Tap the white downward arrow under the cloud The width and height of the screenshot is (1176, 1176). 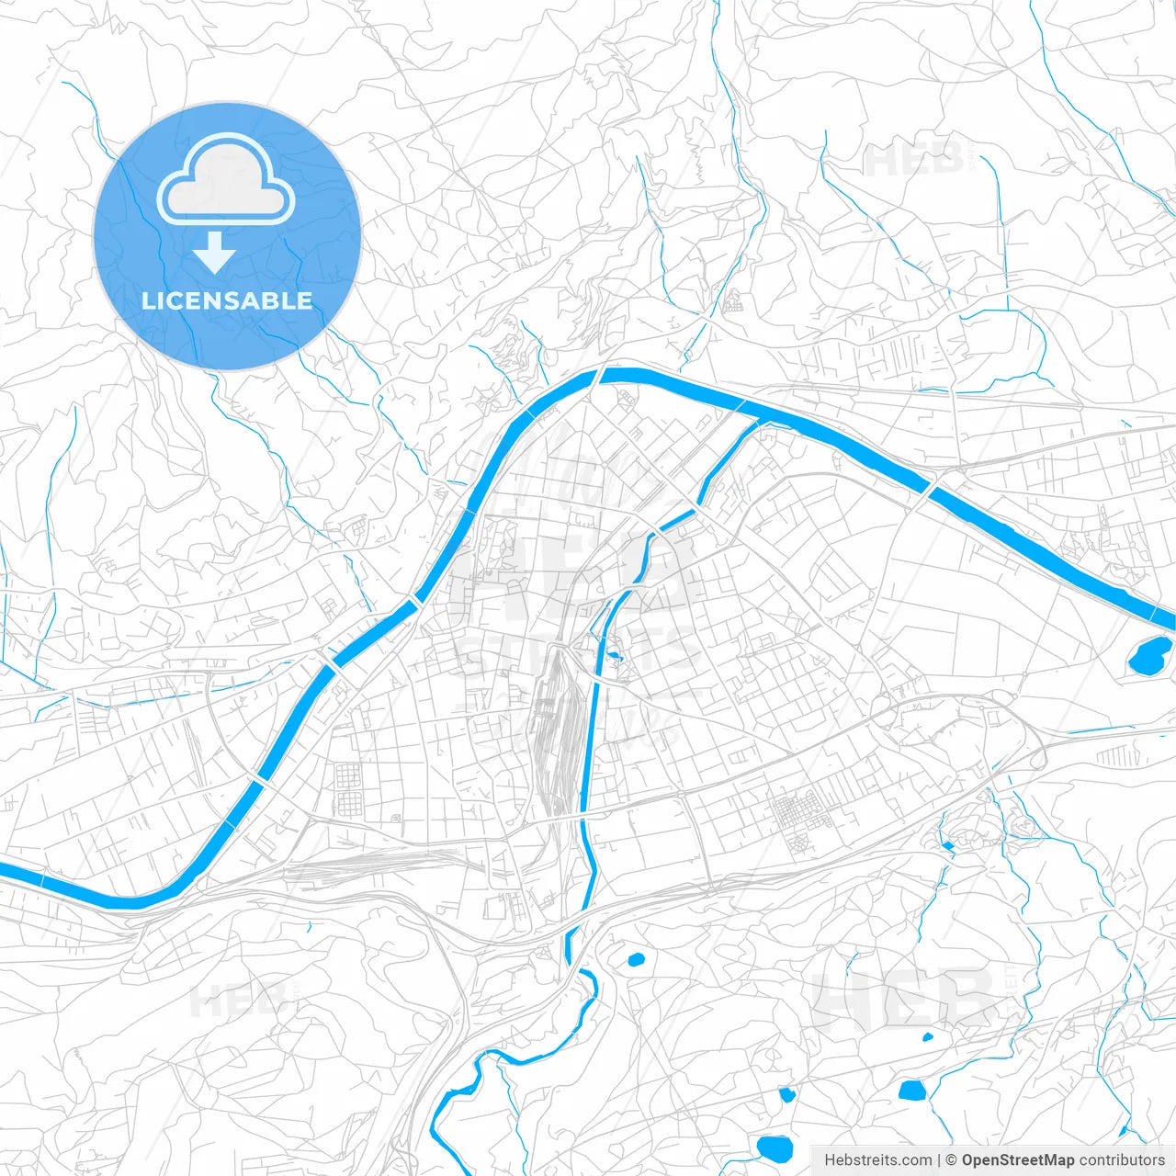[x=214, y=253]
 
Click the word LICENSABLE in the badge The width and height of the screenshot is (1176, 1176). [x=227, y=300]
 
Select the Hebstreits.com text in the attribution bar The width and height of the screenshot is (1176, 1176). [x=877, y=1160]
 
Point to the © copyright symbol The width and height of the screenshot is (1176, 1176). [x=952, y=1160]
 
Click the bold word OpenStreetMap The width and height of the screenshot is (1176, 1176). [x=1017, y=1160]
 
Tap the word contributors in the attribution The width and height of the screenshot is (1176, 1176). [x=1122, y=1160]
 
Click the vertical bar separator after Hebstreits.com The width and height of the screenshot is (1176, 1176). [x=939, y=1160]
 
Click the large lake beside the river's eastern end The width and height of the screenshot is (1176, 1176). [x=1149, y=656]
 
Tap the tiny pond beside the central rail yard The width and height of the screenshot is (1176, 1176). [x=615, y=656]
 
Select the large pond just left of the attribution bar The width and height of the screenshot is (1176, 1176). [x=775, y=1148]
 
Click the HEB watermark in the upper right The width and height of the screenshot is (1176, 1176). [x=914, y=160]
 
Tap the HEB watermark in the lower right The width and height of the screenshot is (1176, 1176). [x=905, y=1000]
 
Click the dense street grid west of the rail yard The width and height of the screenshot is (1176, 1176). [x=350, y=788]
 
